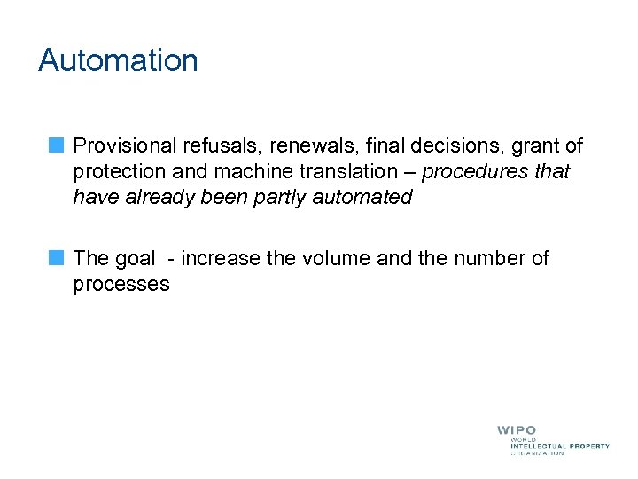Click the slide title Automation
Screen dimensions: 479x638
tap(118, 60)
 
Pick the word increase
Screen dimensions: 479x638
tap(224, 259)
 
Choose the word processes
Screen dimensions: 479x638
tap(121, 285)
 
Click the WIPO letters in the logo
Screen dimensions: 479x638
tap(517, 430)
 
